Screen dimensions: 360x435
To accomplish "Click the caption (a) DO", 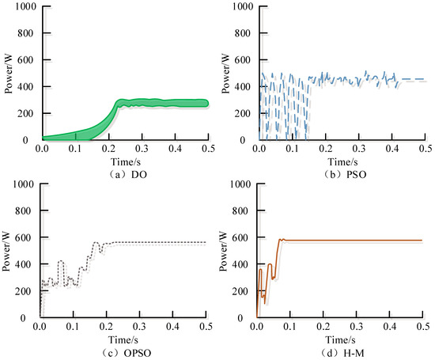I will pyautogui.click(x=123, y=169).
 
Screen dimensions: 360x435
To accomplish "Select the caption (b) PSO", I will pyautogui.click(x=342, y=169).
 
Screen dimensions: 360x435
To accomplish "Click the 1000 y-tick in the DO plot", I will pyautogui.click(x=26, y=6).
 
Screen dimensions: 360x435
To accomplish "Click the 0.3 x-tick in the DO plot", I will pyautogui.click(x=141, y=148).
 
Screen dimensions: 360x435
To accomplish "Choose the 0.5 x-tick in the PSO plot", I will pyautogui.click(x=426, y=148).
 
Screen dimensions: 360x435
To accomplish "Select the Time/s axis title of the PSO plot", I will pyautogui.click(x=342, y=158).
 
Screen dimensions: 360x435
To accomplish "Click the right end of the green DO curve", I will pyautogui.click(x=207, y=103).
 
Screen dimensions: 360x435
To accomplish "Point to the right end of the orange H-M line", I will pyautogui.click(x=422, y=240).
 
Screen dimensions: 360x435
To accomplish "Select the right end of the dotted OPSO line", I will pyautogui.click(x=206, y=242).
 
